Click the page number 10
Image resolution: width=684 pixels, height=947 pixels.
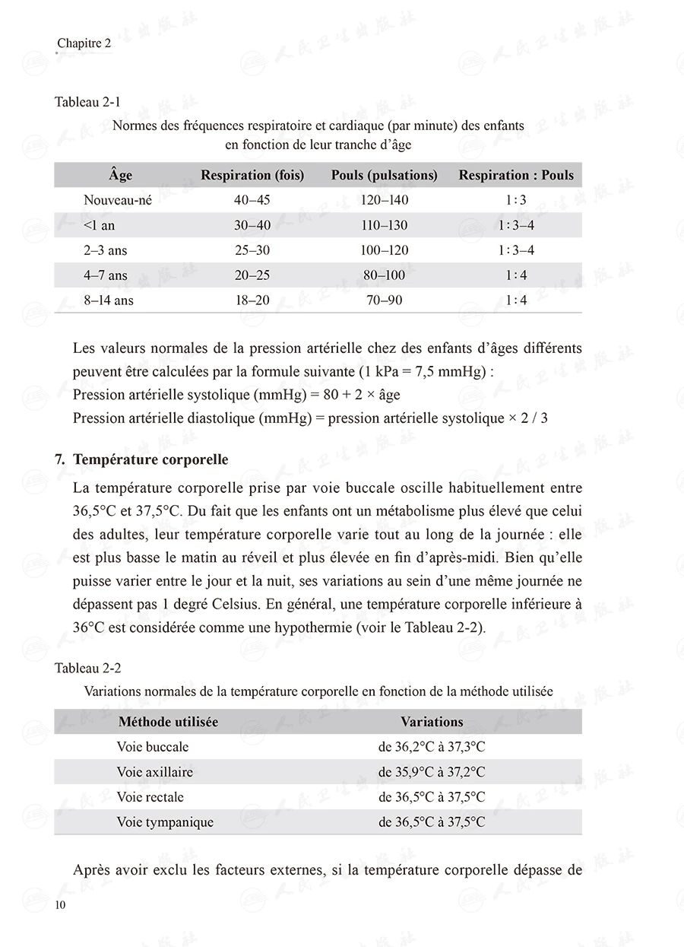click(60, 904)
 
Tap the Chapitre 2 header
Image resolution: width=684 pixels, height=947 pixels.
click(84, 43)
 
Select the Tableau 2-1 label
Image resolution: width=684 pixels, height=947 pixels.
click(87, 103)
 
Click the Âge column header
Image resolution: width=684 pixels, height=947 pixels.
click(120, 175)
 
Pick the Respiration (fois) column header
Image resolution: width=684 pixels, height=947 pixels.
click(252, 175)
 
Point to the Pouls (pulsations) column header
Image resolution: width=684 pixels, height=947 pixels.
click(384, 175)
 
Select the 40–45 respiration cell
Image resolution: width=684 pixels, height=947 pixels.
click(252, 200)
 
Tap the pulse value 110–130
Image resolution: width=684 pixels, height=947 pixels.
click(384, 225)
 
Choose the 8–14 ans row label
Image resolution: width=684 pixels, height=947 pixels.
click(109, 300)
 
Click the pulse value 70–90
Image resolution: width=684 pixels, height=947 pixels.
click(384, 300)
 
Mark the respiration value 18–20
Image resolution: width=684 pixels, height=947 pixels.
click(252, 300)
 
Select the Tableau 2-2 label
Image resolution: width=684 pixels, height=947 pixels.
click(88, 668)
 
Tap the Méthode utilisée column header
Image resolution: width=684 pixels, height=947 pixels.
click(168, 722)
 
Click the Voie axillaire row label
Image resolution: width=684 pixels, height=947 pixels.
click(155, 772)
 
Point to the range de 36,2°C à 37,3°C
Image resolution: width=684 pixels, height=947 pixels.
click(432, 747)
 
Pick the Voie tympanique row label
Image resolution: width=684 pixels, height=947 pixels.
click(165, 822)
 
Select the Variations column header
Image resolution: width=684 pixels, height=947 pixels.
click(432, 722)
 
